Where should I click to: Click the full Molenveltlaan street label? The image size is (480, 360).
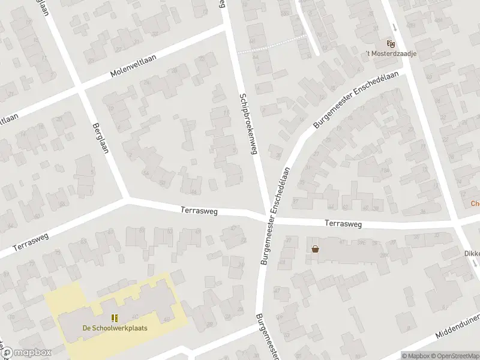pyautogui.click(x=133, y=66)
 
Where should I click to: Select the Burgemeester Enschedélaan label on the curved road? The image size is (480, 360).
pyautogui.click(x=356, y=108)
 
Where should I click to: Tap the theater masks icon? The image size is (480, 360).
pyautogui.click(x=391, y=43)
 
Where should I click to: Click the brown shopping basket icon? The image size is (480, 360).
pyautogui.click(x=315, y=249)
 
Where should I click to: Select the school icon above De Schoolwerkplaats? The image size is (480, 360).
pyautogui.click(x=115, y=318)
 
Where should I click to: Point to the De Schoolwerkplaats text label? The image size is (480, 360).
pyautogui.click(x=115, y=328)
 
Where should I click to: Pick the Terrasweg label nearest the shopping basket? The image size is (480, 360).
pyautogui.click(x=343, y=224)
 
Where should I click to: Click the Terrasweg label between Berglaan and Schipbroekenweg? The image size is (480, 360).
pyautogui.click(x=199, y=211)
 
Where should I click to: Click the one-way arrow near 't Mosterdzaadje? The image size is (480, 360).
pyautogui.click(x=394, y=27)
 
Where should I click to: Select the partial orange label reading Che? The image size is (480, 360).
pyautogui.click(x=474, y=203)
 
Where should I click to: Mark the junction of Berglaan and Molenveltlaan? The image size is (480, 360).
pyautogui.click(x=80, y=89)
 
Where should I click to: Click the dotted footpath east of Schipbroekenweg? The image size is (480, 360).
pyautogui.click(x=272, y=44)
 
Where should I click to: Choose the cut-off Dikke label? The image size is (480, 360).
pyautogui.click(x=471, y=253)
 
